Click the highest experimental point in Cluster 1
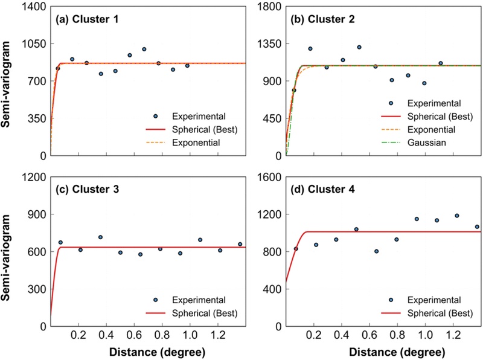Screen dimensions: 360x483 coord(144,49)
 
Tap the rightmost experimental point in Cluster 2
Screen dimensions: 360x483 coord(441,63)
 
